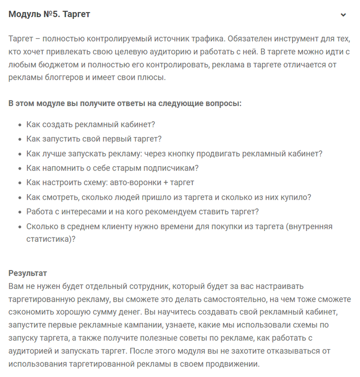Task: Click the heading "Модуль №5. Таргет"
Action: pos(49,14)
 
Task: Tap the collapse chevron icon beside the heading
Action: pos(343,15)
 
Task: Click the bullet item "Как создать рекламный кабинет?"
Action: pos(91,124)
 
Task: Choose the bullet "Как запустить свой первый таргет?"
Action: pos(94,139)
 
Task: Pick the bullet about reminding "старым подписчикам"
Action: pos(113,168)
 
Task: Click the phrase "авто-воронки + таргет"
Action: pos(152,182)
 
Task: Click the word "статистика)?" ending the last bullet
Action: pos(51,239)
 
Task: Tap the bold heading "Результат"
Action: pos(28,273)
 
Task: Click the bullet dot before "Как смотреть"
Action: pos(19,197)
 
